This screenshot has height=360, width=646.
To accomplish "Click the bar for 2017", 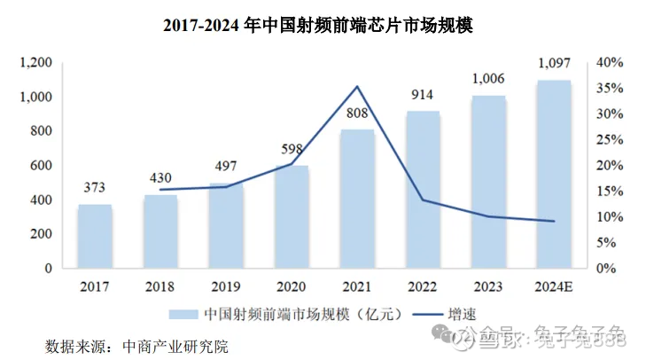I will tap(94, 236).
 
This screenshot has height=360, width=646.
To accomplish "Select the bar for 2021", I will tap(357, 199).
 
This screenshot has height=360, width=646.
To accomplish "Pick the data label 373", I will tap(94, 188).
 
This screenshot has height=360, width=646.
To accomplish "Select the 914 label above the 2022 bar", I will tap(423, 95).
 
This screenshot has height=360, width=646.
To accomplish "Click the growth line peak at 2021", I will tap(357, 87).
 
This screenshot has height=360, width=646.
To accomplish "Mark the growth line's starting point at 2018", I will tap(160, 190).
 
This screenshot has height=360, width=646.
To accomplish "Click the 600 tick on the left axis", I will tap(40, 166).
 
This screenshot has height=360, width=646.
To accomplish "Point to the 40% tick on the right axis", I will tap(611, 63).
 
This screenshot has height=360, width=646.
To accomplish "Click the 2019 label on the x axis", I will tap(226, 286).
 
